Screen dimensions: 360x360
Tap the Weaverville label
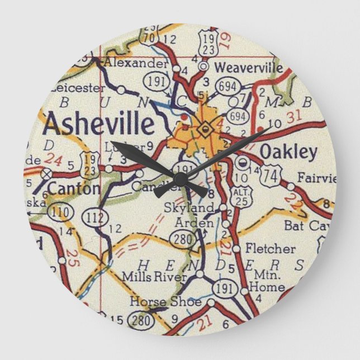(248, 67)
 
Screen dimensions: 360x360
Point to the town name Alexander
(135, 62)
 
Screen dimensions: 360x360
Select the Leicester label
(77, 88)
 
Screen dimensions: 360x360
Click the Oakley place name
(288, 151)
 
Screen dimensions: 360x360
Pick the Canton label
(73, 188)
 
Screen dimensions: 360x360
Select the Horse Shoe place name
(165, 302)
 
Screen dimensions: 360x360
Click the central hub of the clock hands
(180, 179)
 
